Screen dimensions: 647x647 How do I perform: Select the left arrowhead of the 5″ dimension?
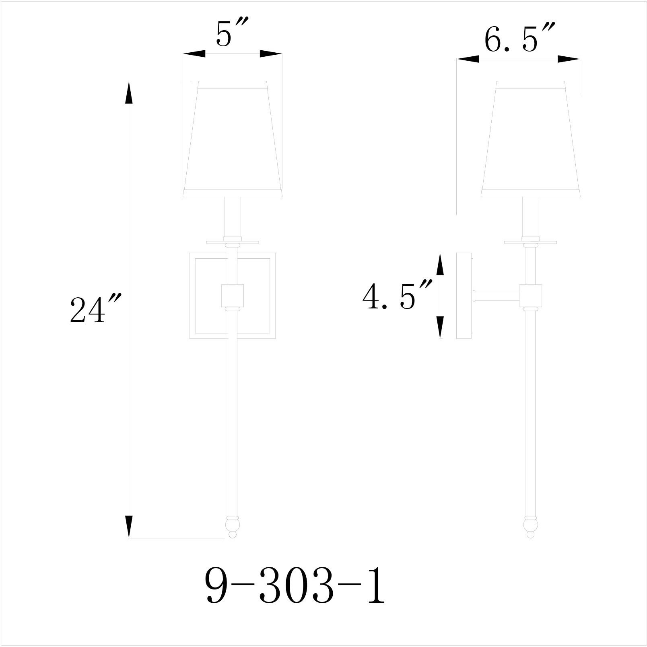194,54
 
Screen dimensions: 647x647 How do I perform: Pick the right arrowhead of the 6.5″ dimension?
569,59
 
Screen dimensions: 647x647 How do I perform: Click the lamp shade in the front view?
232,139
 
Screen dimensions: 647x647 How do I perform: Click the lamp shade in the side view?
530,139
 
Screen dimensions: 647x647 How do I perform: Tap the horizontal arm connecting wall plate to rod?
497,296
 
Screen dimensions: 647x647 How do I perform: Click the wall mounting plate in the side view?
464,296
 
